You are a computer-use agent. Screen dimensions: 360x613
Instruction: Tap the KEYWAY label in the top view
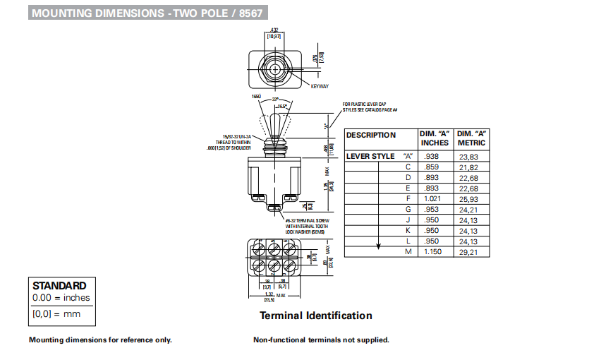point(320,86)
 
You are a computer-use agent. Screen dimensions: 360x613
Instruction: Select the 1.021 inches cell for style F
point(433,198)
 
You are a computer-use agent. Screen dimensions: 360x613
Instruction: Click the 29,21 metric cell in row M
point(469,251)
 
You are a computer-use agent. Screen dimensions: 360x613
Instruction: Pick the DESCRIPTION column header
point(371,135)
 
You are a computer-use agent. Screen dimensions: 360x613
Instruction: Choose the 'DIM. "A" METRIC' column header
point(472,138)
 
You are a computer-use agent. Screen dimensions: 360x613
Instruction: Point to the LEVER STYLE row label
point(370,156)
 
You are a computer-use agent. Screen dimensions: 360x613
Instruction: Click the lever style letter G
point(408,209)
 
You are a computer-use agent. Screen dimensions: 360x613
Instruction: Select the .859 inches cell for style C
point(432,167)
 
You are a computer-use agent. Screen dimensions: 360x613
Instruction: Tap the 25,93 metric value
point(469,198)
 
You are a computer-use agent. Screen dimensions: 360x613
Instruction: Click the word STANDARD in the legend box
point(59,286)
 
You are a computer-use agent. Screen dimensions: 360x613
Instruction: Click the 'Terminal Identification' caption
point(315,316)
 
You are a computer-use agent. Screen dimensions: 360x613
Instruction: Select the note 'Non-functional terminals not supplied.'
point(321,340)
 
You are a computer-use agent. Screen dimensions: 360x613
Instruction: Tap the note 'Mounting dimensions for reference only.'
point(100,340)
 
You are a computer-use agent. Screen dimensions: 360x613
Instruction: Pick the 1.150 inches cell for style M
point(433,251)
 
